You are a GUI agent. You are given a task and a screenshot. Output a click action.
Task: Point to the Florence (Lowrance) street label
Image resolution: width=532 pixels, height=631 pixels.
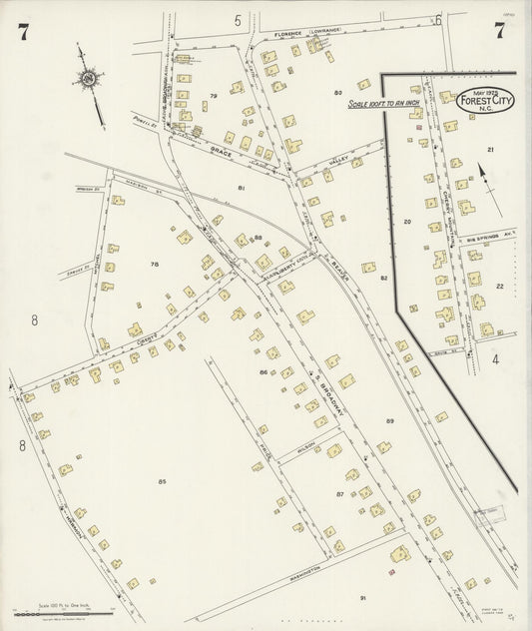coord(308,32)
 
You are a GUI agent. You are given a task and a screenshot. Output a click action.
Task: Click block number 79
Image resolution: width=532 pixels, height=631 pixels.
coord(213,96)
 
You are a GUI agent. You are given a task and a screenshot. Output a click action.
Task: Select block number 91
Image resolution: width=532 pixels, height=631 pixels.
coord(362,597)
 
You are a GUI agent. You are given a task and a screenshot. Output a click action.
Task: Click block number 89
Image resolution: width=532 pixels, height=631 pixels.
coord(389,421)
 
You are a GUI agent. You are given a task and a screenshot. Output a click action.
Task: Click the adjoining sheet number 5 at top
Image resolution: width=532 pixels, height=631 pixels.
coord(239,20)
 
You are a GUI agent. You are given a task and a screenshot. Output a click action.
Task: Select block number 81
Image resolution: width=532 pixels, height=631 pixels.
coord(242,188)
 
